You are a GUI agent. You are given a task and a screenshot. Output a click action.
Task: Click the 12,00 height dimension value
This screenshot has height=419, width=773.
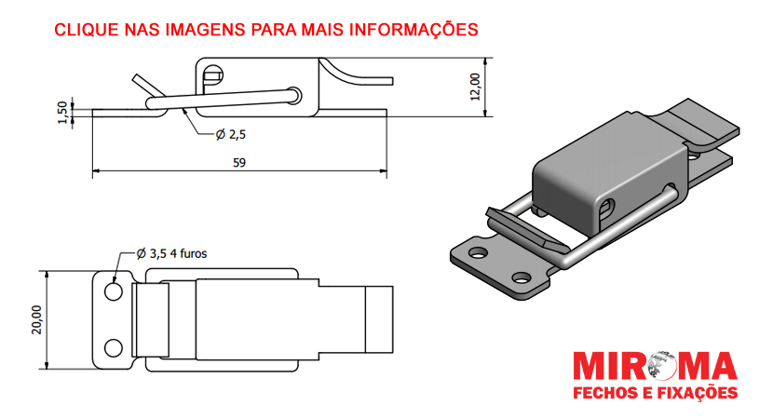coord(475,87)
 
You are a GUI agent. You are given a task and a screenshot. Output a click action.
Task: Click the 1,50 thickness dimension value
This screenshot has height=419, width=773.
coord(62,113)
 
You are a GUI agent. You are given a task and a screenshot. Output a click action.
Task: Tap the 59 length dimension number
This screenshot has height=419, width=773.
coord(239,163)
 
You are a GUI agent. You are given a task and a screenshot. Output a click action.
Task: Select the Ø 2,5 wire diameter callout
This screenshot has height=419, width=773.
coord(230,134)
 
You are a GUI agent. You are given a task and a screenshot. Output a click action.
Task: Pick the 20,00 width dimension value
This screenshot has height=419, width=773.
coord(36,319)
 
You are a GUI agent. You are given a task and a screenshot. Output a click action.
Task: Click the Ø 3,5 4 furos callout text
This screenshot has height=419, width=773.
coord(171,254)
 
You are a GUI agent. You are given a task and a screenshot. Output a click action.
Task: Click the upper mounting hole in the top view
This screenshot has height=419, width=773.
coord(114,291)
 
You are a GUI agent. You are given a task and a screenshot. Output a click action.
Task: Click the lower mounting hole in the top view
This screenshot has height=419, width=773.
coord(114,348)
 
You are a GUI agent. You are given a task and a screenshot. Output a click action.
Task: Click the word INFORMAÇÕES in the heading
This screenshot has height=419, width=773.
coord(414,29)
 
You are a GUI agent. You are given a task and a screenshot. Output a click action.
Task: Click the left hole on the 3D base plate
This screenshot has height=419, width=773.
coord(478,253)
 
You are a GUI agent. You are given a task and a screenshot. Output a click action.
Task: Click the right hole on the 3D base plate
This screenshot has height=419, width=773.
coord(522,277)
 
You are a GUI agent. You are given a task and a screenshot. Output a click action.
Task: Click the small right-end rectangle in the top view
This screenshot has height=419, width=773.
coord(379,319)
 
